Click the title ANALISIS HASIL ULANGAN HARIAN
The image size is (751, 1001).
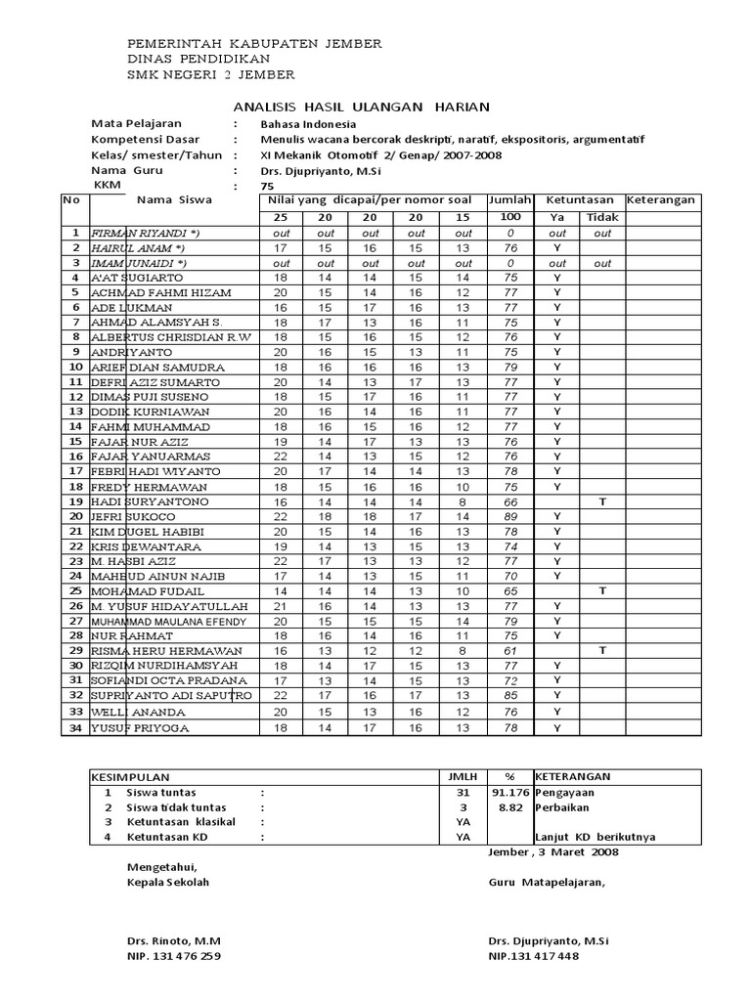click(x=361, y=107)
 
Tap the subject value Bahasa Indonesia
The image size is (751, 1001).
click(x=308, y=124)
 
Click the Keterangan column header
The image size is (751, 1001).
click(x=661, y=199)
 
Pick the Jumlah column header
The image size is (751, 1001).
click(x=509, y=199)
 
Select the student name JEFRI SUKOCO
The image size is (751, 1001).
click(x=133, y=516)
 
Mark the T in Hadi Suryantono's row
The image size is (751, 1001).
click(x=602, y=501)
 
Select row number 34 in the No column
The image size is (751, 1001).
click(x=74, y=727)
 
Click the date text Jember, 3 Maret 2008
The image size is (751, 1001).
click(x=552, y=851)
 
